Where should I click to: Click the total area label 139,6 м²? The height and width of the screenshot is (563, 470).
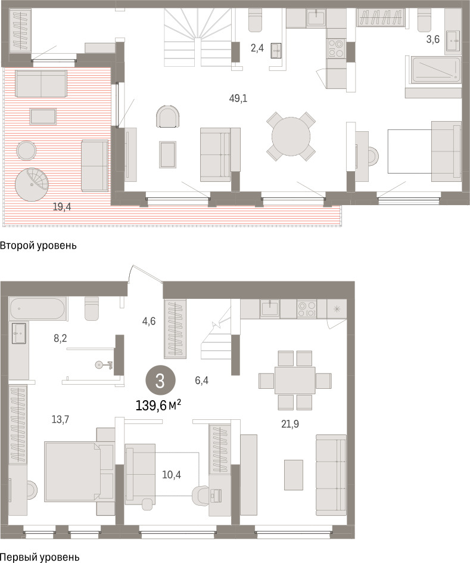click(x=158, y=406)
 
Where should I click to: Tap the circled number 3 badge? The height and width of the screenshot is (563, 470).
click(x=160, y=381)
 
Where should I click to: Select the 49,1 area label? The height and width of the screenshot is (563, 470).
click(x=238, y=98)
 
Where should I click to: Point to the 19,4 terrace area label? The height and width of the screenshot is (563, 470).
click(x=62, y=206)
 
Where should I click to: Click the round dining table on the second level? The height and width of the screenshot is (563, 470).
click(x=291, y=137)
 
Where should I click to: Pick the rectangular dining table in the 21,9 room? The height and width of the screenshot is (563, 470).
click(x=295, y=381)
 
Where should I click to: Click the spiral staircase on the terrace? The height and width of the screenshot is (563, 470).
click(x=32, y=184)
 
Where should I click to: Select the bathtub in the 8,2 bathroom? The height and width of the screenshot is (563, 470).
click(x=38, y=309)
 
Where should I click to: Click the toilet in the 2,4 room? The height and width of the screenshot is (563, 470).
click(x=256, y=20)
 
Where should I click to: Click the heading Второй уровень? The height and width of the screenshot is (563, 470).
click(x=38, y=246)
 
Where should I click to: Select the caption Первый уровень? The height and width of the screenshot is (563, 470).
click(x=39, y=557)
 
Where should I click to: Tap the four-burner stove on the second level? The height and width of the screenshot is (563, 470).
click(x=336, y=48)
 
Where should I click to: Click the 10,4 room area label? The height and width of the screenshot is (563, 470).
click(x=172, y=475)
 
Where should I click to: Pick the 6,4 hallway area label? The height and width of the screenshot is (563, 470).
click(x=201, y=381)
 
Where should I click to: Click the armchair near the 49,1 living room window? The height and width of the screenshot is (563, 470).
click(x=168, y=116)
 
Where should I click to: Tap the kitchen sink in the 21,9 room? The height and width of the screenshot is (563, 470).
click(x=270, y=308)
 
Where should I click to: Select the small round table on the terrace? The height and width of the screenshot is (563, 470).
click(x=26, y=150)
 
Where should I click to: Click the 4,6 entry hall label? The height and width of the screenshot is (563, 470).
click(x=149, y=321)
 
